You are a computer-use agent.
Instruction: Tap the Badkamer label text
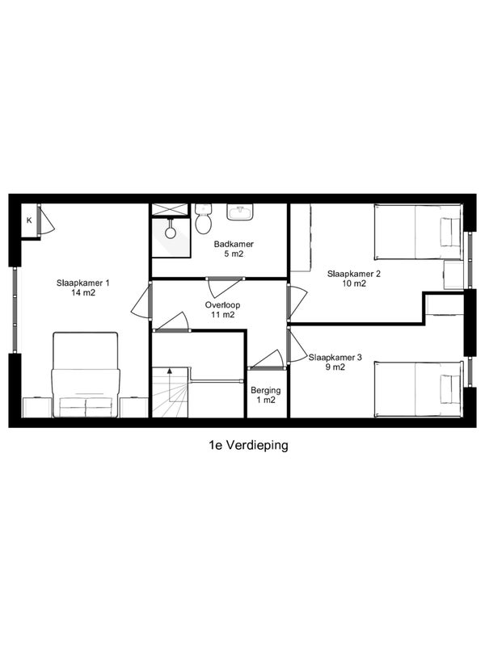coord(234,244)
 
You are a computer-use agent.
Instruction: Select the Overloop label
coord(222,305)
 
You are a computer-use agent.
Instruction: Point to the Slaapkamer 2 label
coord(353,274)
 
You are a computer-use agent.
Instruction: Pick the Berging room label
coord(266,391)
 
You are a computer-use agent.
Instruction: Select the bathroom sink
coord(240,212)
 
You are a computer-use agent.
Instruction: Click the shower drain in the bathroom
coord(171,232)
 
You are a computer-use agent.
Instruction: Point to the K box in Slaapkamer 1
coord(29,220)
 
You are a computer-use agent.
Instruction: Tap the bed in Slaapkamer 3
coord(419,389)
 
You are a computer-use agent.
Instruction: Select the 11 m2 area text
coord(222,315)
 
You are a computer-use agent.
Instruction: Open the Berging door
coord(267,360)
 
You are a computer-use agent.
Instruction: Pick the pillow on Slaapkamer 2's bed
coord(449,233)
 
